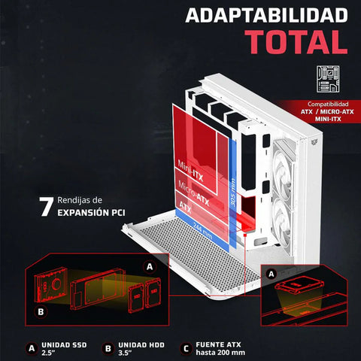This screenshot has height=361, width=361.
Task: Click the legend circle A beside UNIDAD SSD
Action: click(x=31, y=347)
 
